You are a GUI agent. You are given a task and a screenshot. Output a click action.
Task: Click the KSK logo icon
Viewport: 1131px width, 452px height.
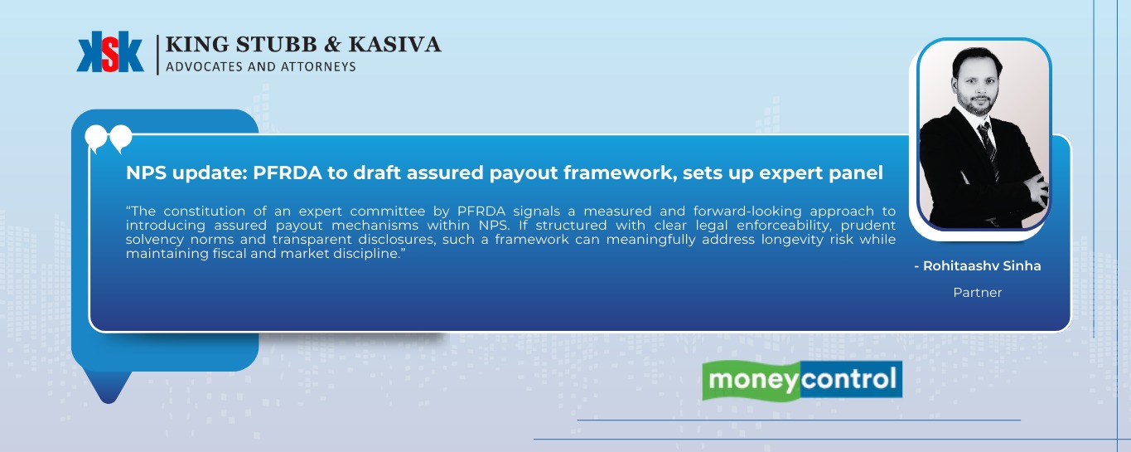109,52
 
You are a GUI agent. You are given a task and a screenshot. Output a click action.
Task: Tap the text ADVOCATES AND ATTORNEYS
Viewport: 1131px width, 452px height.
261,66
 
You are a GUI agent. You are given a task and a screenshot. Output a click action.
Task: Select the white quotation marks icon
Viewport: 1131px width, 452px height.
109,138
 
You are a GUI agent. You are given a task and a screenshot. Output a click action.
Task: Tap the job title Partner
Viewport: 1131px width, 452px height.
978,293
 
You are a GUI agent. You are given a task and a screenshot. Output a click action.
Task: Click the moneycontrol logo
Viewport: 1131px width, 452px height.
801,381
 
